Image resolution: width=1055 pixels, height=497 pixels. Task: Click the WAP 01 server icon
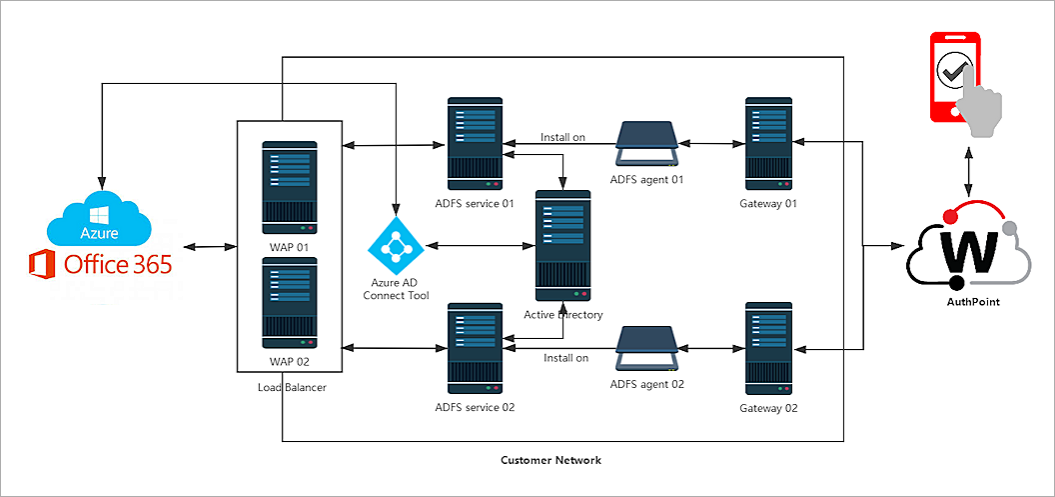pos(290,187)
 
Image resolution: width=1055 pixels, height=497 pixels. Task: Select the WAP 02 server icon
pos(290,303)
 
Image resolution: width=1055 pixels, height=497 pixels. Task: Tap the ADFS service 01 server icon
pos(475,142)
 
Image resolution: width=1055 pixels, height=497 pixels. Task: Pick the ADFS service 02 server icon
pos(475,348)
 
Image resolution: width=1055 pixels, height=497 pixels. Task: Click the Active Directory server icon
pos(563,245)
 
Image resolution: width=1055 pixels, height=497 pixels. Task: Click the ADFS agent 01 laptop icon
pos(648,146)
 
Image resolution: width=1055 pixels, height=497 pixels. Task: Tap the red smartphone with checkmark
pos(954,77)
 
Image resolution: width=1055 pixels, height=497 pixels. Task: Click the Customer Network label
pos(550,460)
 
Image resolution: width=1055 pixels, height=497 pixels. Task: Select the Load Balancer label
pos(290,387)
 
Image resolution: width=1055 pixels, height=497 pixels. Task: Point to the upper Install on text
pos(562,137)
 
